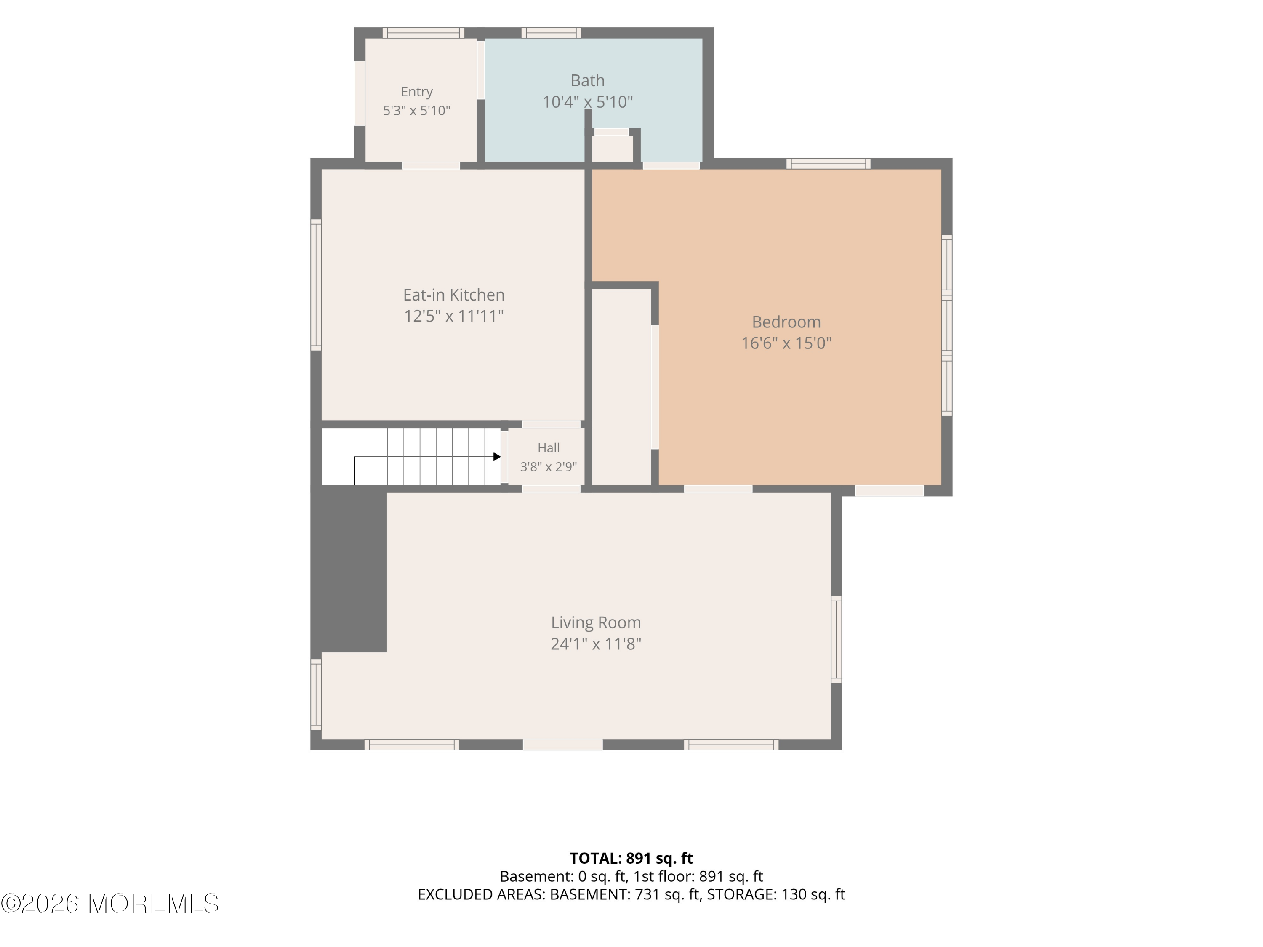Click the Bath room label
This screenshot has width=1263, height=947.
click(x=588, y=80)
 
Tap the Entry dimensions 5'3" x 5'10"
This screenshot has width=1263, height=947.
click(x=417, y=110)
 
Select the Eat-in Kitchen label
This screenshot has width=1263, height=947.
click(x=454, y=295)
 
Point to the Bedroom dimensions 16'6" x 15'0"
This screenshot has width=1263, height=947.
click(x=786, y=343)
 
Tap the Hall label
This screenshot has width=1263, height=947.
click(x=549, y=448)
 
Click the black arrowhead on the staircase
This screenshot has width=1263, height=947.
click(x=497, y=457)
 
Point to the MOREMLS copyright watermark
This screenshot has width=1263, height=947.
click(x=109, y=904)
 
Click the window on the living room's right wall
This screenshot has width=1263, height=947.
click(x=837, y=639)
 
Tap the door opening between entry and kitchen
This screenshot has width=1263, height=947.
click(x=431, y=165)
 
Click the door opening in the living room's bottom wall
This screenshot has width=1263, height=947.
click(x=563, y=745)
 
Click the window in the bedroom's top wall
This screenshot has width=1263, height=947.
click(x=829, y=164)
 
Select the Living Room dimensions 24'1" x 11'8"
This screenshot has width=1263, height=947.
click(x=596, y=644)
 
